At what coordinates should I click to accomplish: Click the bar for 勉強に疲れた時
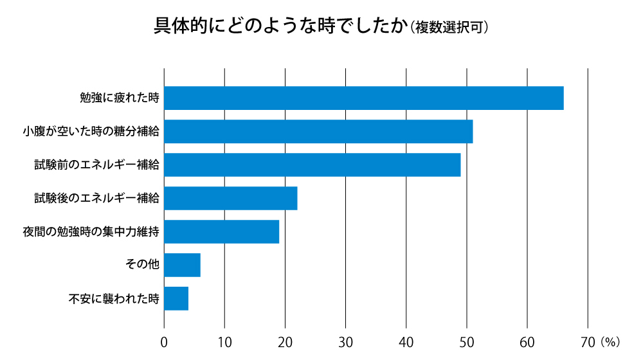[364, 98]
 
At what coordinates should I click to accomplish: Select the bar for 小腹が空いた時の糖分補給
[318, 131]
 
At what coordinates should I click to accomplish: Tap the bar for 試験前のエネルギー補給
[312, 165]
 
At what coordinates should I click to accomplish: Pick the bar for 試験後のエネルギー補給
[231, 198]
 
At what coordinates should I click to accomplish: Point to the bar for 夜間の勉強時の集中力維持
[222, 231]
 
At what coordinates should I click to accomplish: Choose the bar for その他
[183, 265]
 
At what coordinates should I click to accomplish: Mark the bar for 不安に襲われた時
[176, 298]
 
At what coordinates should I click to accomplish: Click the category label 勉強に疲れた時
[119, 98]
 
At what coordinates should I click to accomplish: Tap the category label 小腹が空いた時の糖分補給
[91, 132]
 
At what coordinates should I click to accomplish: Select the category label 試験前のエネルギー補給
[96, 165]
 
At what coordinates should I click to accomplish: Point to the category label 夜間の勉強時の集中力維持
[91, 232]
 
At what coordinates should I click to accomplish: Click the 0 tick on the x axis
[164, 341]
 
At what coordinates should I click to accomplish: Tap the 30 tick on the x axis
[346, 341]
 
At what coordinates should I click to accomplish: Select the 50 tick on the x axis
[467, 341]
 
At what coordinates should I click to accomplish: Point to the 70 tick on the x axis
[587, 341]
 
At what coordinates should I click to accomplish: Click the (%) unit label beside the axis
[610, 341]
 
